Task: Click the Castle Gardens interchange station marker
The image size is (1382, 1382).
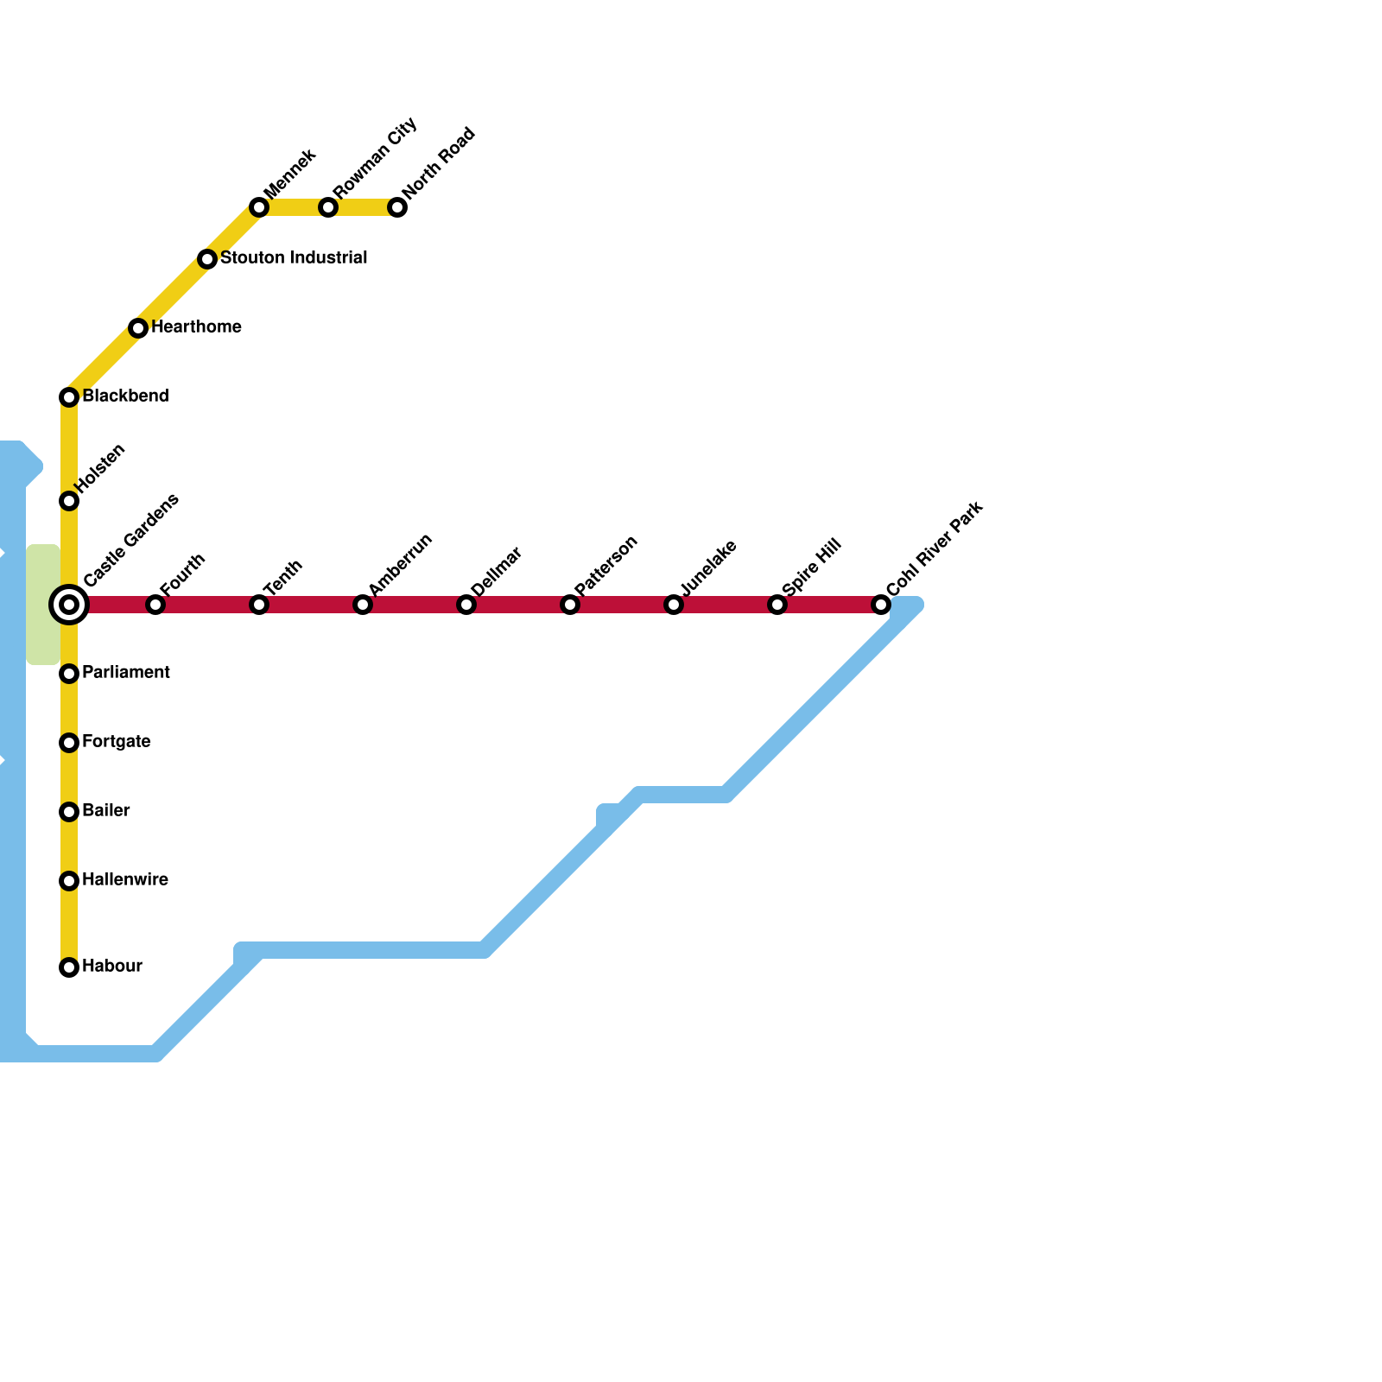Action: point(69,605)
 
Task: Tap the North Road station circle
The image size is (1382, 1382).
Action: point(397,207)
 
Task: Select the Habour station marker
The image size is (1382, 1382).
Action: point(69,967)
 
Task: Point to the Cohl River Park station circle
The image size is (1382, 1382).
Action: point(881,605)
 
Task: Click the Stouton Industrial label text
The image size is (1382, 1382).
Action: point(294,258)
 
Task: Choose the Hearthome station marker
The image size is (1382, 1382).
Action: point(138,328)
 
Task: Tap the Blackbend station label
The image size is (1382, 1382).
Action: point(125,396)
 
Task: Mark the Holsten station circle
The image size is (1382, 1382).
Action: point(69,501)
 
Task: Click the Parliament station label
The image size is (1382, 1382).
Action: point(126,673)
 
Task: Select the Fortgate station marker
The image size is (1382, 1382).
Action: point(69,743)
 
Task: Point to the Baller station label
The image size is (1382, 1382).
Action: point(105,811)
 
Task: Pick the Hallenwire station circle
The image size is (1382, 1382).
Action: point(69,881)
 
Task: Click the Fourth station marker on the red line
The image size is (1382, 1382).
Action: point(155,605)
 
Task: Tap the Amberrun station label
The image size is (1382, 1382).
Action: point(399,564)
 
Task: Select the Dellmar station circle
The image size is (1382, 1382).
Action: point(466,605)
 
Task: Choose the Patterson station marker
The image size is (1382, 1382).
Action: point(570,605)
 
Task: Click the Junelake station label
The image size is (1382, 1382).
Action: point(708,567)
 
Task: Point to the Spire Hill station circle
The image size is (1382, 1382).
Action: point(777,605)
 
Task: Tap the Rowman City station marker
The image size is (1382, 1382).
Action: point(328,207)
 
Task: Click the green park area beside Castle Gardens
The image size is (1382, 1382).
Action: point(41,605)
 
